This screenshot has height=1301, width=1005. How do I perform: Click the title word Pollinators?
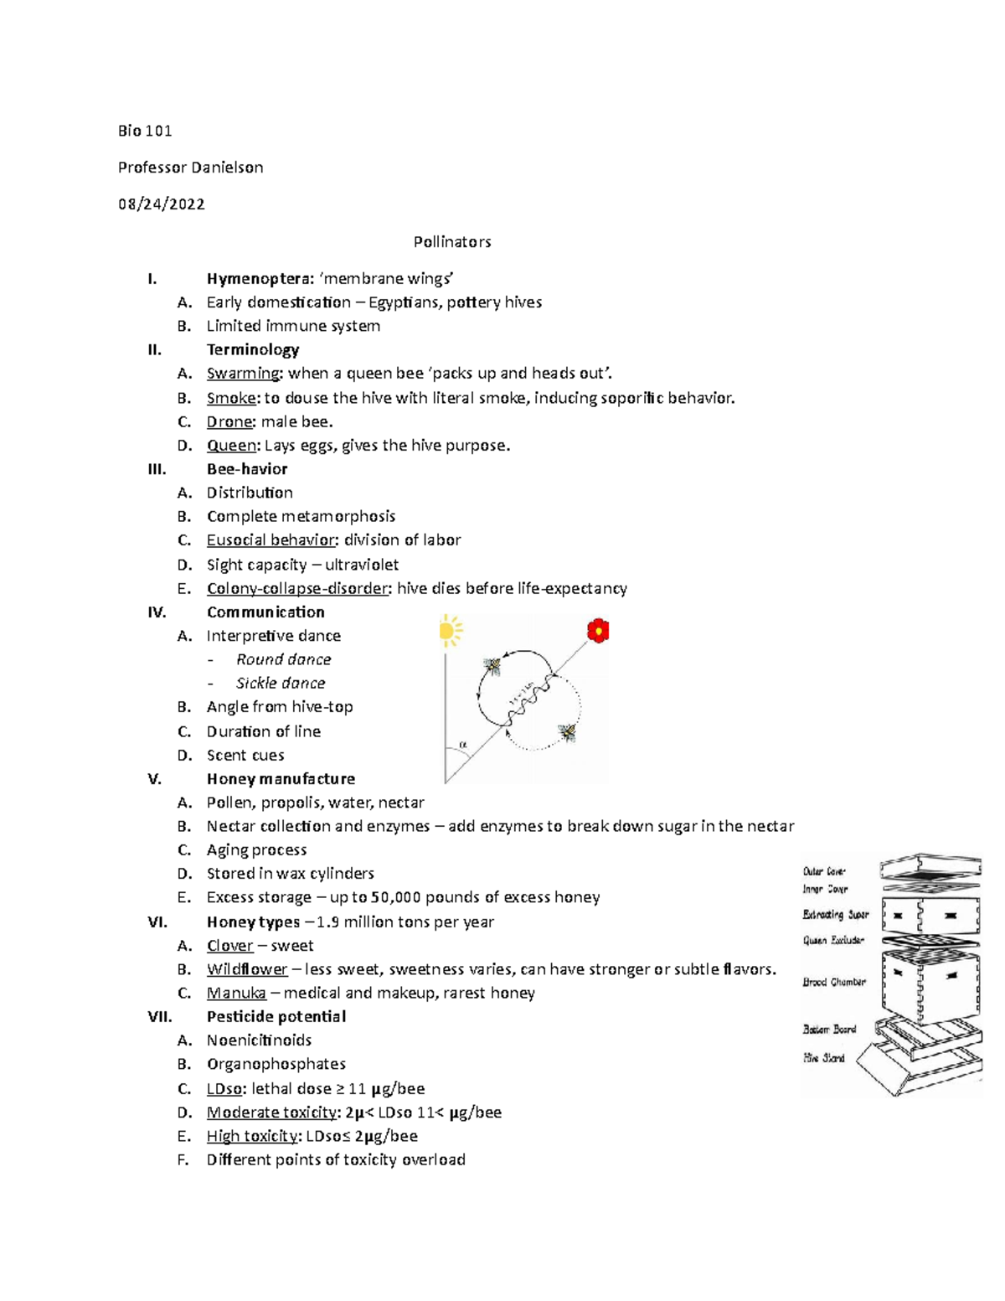pyautogui.click(x=451, y=242)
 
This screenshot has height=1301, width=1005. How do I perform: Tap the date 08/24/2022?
pyautogui.click(x=162, y=204)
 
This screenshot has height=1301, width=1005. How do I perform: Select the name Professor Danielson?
pyautogui.click(x=190, y=168)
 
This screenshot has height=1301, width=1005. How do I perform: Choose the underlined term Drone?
pyautogui.click(x=229, y=421)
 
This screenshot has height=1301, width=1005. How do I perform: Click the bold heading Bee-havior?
pyautogui.click(x=247, y=469)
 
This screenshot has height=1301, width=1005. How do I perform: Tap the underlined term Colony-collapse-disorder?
pyautogui.click(x=297, y=589)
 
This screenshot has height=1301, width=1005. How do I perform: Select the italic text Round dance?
pyautogui.click(x=283, y=660)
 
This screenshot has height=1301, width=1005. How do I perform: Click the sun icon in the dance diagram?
pyautogui.click(x=450, y=631)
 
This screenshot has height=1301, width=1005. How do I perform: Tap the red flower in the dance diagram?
pyautogui.click(x=598, y=631)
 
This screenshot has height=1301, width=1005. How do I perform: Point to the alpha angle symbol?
pyautogui.click(x=462, y=744)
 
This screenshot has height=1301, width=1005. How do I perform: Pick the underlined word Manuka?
pyautogui.click(x=236, y=994)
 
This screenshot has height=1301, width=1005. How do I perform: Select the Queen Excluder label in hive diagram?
pyautogui.click(x=833, y=940)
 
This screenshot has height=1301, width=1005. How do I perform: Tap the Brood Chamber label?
pyautogui.click(x=834, y=982)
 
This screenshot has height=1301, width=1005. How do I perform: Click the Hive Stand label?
pyautogui.click(x=824, y=1058)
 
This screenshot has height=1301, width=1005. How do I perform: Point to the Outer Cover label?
pyautogui.click(x=824, y=871)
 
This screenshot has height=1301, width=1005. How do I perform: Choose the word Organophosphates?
pyautogui.click(x=276, y=1064)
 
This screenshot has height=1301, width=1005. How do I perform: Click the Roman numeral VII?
pyautogui.click(x=159, y=1017)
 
